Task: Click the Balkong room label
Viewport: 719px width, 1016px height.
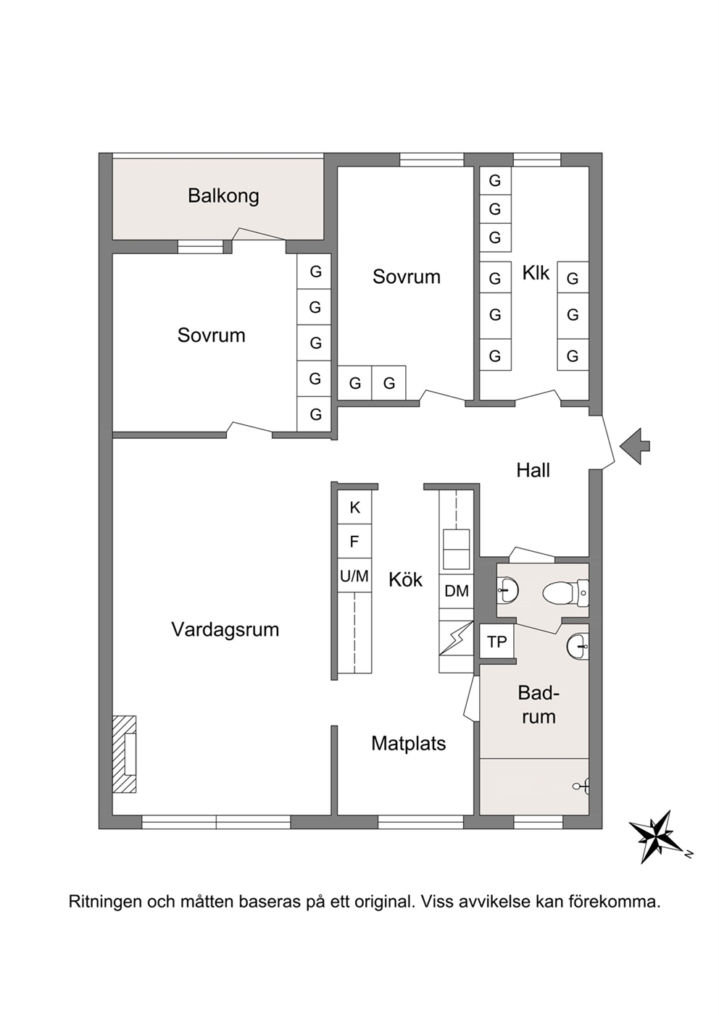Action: [x=223, y=196]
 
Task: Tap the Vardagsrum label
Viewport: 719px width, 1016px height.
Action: [x=225, y=629]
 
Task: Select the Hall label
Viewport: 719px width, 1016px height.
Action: [x=533, y=471]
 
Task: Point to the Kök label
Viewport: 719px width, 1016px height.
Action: [x=405, y=579]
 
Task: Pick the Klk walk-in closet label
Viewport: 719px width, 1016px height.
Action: [x=536, y=273]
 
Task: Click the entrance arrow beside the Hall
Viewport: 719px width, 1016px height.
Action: [x=635, y=446]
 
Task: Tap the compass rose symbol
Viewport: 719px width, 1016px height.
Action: [x=657, y=837]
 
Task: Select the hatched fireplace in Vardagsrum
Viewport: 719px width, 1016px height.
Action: [x=125, y=755]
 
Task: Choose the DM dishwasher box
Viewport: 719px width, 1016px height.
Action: [x=456, y=591]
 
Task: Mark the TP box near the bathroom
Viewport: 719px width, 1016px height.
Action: [x=496, y=642]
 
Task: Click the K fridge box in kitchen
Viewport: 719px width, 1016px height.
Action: [x=354, y=507]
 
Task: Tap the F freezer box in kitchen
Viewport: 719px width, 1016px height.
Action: [x=354, y=542]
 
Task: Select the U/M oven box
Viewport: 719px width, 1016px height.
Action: [x=354, y=576]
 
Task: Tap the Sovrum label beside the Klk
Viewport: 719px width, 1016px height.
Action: [x=407, y=276]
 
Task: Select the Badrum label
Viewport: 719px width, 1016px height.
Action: [x=537, y=705]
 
